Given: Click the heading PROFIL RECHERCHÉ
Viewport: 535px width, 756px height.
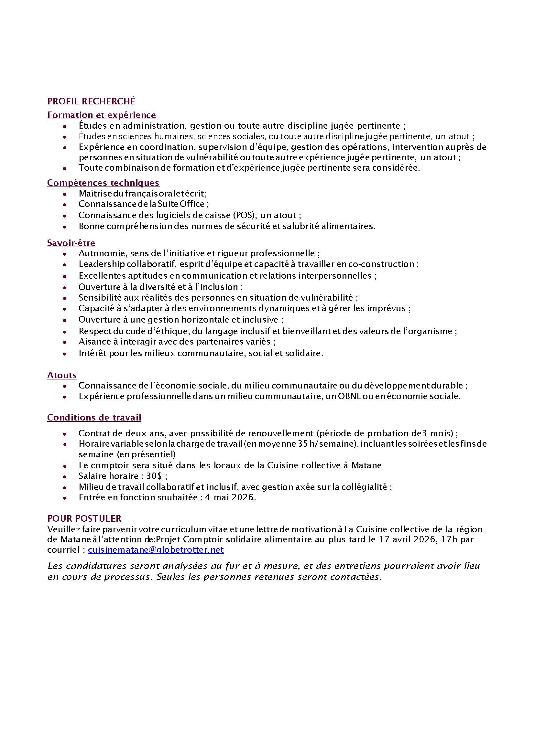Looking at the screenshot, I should pos(91,101).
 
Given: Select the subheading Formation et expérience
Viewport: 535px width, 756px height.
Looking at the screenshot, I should pos(102,115).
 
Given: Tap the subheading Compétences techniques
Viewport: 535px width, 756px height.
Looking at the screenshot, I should pos(103,183).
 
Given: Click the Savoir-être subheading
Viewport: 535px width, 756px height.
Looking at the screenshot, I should pos(71,243).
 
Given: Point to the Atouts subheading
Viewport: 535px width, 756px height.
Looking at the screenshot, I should pos(62,375).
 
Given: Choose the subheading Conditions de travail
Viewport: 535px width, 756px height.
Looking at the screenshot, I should pos(94,417).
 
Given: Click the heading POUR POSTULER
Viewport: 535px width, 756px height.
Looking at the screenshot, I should pos(84,518).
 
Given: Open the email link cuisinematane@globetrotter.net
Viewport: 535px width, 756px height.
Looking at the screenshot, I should pos(156,549).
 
